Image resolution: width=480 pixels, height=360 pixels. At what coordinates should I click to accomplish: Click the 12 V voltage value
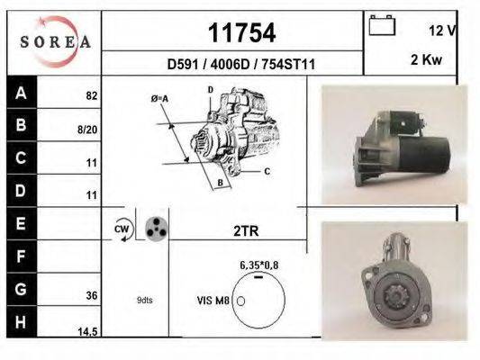coord(442,31)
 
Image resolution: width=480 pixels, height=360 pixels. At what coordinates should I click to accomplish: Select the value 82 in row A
coord(91,94)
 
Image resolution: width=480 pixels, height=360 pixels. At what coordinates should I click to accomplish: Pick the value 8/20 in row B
coord(88,129)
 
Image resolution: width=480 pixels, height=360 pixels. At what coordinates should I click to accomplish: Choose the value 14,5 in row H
coord(88,332)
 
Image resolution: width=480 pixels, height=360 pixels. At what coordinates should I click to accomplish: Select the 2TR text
coord(245,231)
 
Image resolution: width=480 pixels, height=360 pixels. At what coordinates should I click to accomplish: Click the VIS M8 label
coord(213,301)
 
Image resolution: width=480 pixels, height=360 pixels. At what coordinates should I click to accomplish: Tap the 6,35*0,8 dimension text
coord(258,265)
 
